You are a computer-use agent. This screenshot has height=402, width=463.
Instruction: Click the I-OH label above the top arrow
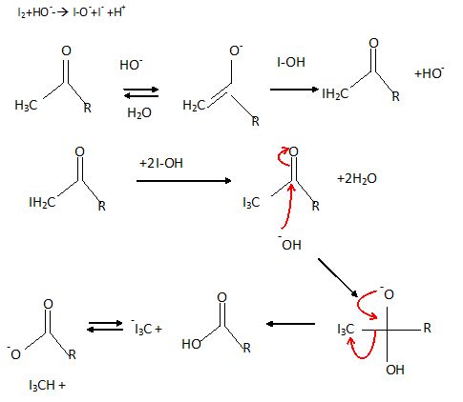[291, 62]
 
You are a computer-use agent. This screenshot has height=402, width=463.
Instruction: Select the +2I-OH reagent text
[161, 163]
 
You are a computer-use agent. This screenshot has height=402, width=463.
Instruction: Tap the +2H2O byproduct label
[357, 179]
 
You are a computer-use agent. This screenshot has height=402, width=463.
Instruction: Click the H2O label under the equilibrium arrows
[139, 113]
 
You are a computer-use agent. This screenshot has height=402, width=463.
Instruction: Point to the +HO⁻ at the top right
[430, 73]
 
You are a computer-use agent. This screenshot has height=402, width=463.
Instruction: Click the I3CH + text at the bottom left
[47, 386]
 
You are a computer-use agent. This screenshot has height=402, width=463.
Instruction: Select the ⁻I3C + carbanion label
[147, 328]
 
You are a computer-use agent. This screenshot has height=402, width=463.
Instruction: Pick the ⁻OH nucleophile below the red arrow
[289, 244]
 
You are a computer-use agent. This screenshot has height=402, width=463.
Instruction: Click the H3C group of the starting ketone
[26, 106]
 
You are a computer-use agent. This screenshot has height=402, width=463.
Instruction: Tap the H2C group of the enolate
[194, 106]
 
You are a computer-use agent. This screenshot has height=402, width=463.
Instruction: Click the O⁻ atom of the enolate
[236, 50]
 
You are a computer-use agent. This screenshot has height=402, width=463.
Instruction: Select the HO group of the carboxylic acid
[191, 344]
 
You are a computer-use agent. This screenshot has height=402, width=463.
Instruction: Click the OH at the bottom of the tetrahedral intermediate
[395, 370]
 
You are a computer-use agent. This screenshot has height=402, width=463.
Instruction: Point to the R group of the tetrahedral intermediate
[427, 328]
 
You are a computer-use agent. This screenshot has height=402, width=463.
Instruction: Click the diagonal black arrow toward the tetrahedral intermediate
[338, 278]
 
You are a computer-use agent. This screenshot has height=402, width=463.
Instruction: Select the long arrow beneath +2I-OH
[184, 181]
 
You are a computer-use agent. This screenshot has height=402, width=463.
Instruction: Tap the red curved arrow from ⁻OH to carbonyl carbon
[288, 208]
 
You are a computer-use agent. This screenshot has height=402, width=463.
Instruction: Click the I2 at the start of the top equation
[22, 12]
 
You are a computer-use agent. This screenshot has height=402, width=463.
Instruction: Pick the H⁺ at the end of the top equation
[119, 11]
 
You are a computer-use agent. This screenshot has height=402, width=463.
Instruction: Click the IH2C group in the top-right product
[335, 94]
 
